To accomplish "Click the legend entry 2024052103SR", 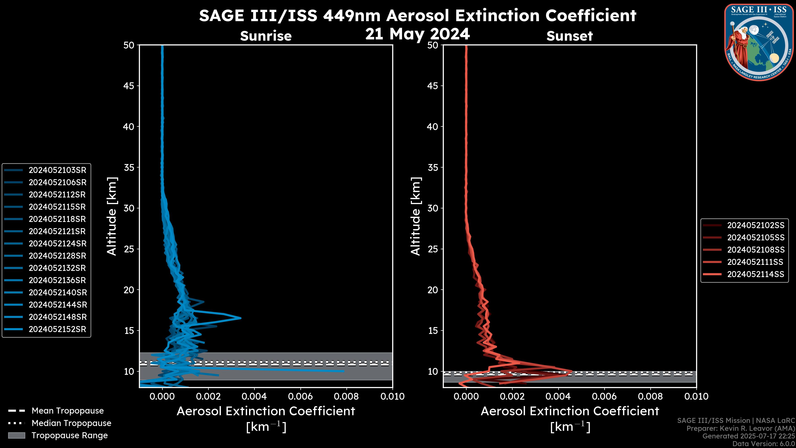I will point(57,170).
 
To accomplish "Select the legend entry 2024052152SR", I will point(57,329).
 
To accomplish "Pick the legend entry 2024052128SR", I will point(57,256).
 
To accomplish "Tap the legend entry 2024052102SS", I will point(756,225).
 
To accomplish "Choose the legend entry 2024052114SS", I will point(756,274).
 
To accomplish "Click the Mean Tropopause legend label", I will point(68,411).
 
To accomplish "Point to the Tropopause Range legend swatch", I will point(16,435).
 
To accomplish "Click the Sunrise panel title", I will point(266,36).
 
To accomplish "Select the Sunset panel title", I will point(569,36).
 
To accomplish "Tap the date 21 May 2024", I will point(417,34).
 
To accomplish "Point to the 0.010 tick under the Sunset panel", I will point(696,396).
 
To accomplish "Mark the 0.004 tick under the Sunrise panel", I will point(254,396).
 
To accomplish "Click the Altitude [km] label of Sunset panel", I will point(416,216).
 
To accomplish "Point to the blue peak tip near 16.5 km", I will point(241,318).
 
